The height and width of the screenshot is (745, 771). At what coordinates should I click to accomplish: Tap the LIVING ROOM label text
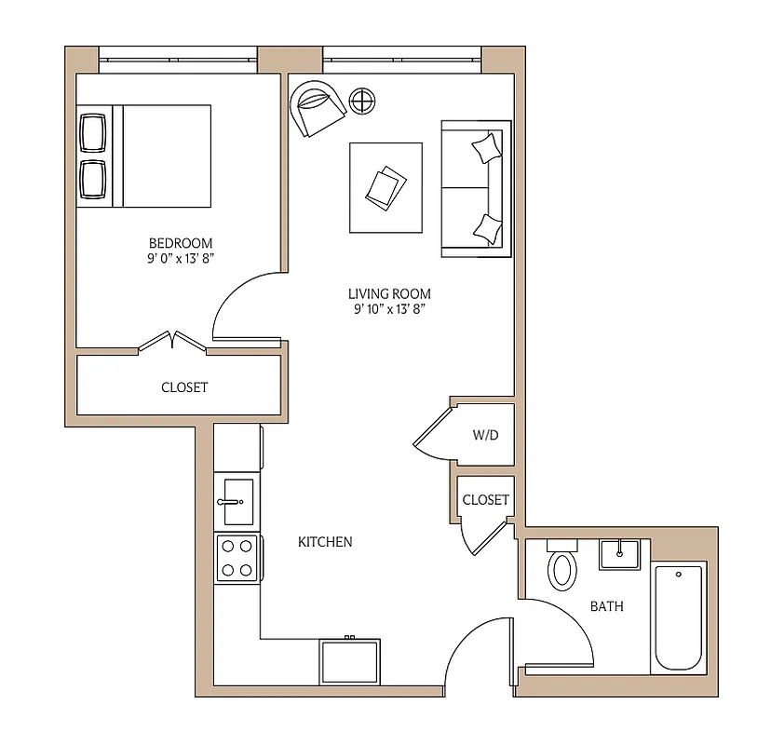click(390, 293)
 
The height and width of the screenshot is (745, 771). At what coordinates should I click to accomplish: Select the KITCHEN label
click(325, 541)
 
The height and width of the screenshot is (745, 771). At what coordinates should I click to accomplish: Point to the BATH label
click(607, 606)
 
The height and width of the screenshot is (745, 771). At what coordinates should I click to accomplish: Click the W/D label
click(485, 435)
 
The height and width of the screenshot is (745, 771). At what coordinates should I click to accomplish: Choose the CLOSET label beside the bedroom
click(184, 386)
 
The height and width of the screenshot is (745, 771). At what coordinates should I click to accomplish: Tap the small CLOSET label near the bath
click(486, 499)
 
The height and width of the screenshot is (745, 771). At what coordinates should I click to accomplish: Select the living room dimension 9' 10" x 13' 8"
click(390, 310)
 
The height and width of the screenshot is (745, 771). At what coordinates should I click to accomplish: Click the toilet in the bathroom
click(562, 567)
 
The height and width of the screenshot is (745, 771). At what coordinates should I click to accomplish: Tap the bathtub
click(679, 616)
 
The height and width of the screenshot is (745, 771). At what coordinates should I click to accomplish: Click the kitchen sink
click(235, 503)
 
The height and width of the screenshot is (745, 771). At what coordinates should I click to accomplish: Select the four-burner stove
click(236, 558)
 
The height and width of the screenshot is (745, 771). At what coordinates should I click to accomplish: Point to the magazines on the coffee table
click(386, 186)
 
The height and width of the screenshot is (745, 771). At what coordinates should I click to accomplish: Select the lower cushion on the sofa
click(487, 226)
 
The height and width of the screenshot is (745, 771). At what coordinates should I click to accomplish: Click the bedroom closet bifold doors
click(173, 342)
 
